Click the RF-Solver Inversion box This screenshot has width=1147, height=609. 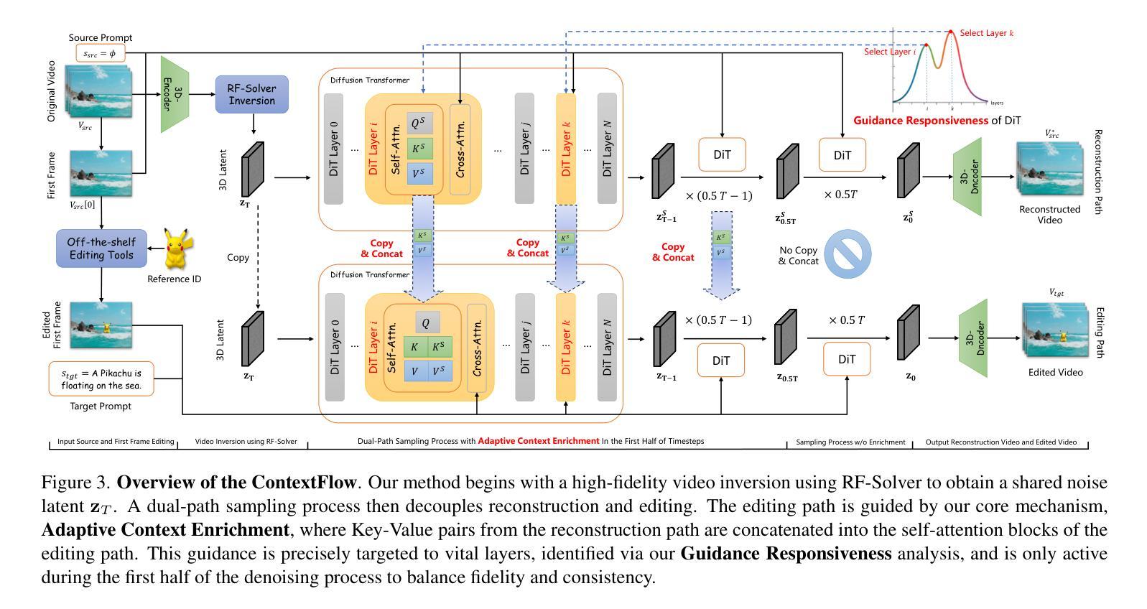tap(251, 94)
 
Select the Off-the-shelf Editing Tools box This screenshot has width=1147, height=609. tap(101, 248)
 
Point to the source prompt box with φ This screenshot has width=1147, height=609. tap(100, 53)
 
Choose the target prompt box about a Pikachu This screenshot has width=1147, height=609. tap(101, 378)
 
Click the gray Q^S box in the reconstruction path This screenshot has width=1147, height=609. tap(419, 124)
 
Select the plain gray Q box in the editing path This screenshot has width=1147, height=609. tap(427, 322)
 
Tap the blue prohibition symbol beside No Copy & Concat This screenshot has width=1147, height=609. tap(848, 254)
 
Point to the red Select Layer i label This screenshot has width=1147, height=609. tap(890, 52)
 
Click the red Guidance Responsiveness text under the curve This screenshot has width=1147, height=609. tap(920, 121)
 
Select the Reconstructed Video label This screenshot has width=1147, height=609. tap(1049, 214)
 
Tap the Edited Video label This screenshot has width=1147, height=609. tap(1055, 372)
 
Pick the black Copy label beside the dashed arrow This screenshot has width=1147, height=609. tap(238, 257)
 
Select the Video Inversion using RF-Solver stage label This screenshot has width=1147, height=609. tap(246, 442)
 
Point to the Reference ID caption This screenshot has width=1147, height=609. tap(174, 279)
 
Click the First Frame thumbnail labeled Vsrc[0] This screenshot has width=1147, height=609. tap(101, 173)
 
